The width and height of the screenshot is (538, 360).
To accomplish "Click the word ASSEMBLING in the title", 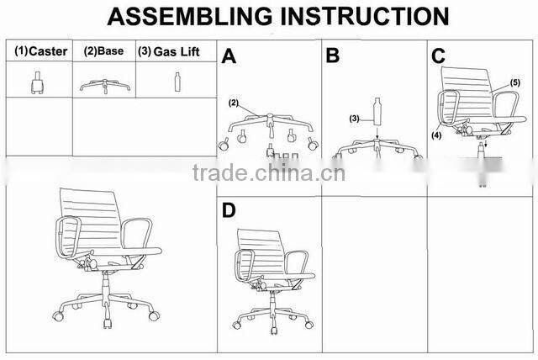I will [x=177, y=16].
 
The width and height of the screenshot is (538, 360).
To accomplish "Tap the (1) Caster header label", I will [x=40, y=51].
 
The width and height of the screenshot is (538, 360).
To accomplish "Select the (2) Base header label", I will [x=103, y=51].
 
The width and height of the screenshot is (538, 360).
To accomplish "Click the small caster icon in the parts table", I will [x=36, y=82].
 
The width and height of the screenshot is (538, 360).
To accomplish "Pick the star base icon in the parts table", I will [x=103, y=84].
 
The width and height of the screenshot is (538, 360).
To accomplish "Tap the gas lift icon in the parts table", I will [x=177, y=82].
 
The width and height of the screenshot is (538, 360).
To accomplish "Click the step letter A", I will [x=229, y=57].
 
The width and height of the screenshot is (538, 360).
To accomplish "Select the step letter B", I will [x=333, y=56].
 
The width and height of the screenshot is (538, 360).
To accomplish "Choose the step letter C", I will [x=438, y=56].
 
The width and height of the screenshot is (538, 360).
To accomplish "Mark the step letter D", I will [x=229, y=210].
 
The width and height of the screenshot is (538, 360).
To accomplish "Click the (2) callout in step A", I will [x=234, y=103].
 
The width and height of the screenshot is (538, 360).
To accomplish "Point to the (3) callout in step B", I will [x=355, y=119].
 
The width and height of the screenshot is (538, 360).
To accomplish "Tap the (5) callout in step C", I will [x=514, y=82].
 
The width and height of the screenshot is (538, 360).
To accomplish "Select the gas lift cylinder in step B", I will [x=378, y=109].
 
